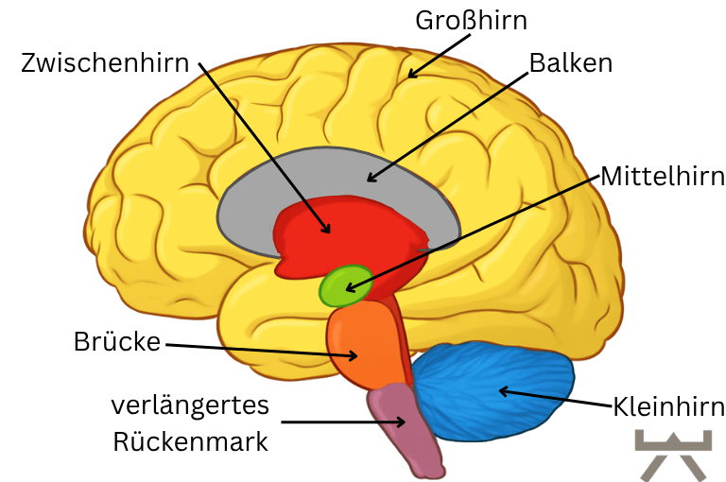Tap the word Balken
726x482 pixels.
[x=570, y=63]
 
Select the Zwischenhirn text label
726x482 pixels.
[x=105, y=64]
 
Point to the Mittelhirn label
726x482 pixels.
[x=663, y=176]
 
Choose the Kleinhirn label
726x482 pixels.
[x=668, y=407]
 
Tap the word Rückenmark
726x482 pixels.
[x=190, y=441]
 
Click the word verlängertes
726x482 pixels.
[x=190, y=405]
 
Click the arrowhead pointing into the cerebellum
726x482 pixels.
[x=504, y=389]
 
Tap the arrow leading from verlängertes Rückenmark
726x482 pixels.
[x=340, y=422]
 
